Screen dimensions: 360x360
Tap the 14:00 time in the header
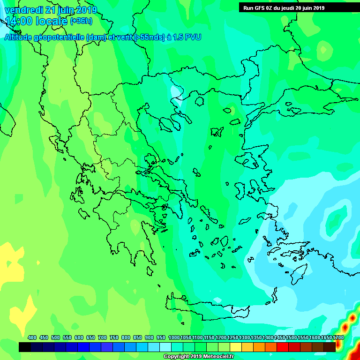[21, 22]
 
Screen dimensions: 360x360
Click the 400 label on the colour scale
[32, 337]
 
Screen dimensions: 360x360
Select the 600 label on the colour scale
[79, 337]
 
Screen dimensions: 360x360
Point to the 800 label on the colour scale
[126, 337]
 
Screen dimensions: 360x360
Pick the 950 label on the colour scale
[161, 337]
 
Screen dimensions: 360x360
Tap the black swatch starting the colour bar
[25, 347]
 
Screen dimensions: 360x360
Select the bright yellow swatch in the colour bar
[236, 347]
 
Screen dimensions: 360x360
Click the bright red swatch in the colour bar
[283, 347]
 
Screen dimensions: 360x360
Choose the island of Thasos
[199, 101]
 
